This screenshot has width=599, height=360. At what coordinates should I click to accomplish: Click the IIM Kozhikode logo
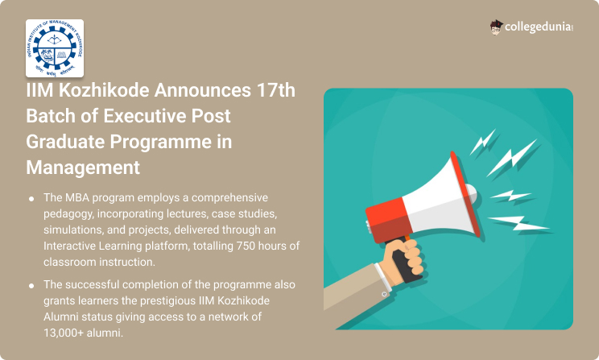(x=55, y=48)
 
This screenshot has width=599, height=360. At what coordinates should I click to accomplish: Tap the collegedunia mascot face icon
(x=496, y=27)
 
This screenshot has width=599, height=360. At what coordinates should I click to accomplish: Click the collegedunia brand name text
(x=539, y=27)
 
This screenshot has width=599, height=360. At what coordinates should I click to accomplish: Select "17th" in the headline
(x=276, y=90)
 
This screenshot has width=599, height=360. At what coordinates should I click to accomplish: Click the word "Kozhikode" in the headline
(x=104, y=90)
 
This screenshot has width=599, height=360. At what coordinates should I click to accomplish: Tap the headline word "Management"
(x=83, y=168)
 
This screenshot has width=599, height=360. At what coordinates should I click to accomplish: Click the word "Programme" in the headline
(x=161, y=143)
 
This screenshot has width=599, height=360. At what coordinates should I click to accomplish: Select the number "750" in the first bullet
(x=246, y=246)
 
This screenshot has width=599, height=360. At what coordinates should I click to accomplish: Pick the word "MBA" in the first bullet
(x=77, y=197)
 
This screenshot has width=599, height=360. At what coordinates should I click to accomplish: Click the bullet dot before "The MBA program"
(x=31, y=199)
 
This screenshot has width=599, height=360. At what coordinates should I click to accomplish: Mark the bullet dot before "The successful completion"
(x=31, y=285)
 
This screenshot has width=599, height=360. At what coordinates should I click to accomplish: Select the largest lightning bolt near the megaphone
(x=512, y=158)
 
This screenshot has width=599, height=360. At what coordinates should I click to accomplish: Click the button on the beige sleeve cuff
(x=384, y=294)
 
